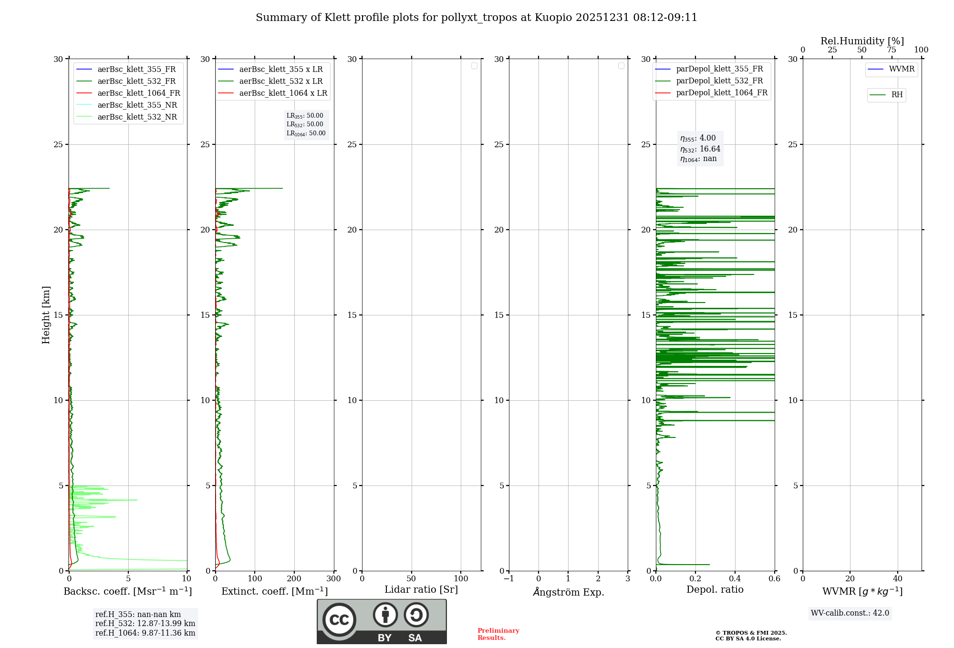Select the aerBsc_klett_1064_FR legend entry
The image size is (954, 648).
tap(138, 93)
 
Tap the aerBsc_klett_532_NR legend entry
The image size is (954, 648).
tap(137, 117)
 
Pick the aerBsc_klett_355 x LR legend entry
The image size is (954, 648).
tap(280, 70)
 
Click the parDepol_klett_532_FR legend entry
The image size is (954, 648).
tap(719, 81)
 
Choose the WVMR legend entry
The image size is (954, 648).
tap(901, 69)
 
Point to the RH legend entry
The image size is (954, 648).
tap(896, 95)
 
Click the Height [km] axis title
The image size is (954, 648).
tap(46, 315)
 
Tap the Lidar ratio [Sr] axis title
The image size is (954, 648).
tap(421, 590)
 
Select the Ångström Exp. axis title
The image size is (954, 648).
tap(568, 592)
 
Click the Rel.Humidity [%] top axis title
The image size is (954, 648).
tap(862, 41)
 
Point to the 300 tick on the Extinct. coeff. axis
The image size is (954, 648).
tap(333, 579)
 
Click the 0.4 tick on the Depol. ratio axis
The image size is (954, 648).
tap(735, 579)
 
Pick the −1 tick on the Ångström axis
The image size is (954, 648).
tap(508, 579)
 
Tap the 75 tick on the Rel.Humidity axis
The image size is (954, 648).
tap(891, 50)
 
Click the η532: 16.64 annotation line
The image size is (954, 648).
tap(700, 149)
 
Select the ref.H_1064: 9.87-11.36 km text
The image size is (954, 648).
tap(145, 633)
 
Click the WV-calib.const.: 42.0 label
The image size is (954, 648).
tap(850, 613)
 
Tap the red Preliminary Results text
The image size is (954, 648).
tap(498, 634)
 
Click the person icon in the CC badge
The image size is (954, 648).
tap(385, 615)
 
